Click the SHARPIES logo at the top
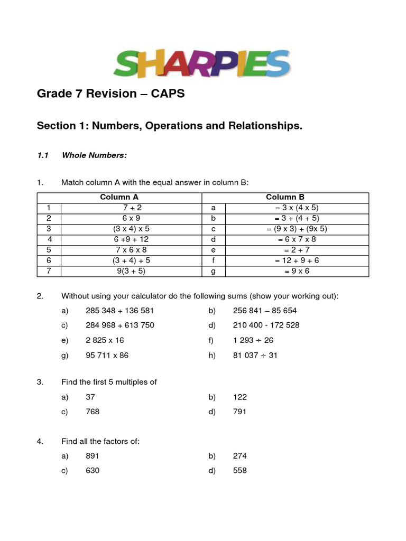pos(202,63)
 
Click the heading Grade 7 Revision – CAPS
pos(111,94)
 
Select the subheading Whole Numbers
pos(94,155)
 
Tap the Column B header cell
pos(285,197)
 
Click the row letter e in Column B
pos(214,250)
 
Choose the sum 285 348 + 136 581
pos(119,311)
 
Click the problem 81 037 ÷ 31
pos(255,356)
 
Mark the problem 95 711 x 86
pos(107,356)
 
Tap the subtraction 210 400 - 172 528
pos(266,325)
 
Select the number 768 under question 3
pos(93,412)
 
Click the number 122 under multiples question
pos(239,397)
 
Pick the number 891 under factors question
pos(93,456)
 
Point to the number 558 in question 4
pos(239,471)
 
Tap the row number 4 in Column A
pos(49,239)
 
